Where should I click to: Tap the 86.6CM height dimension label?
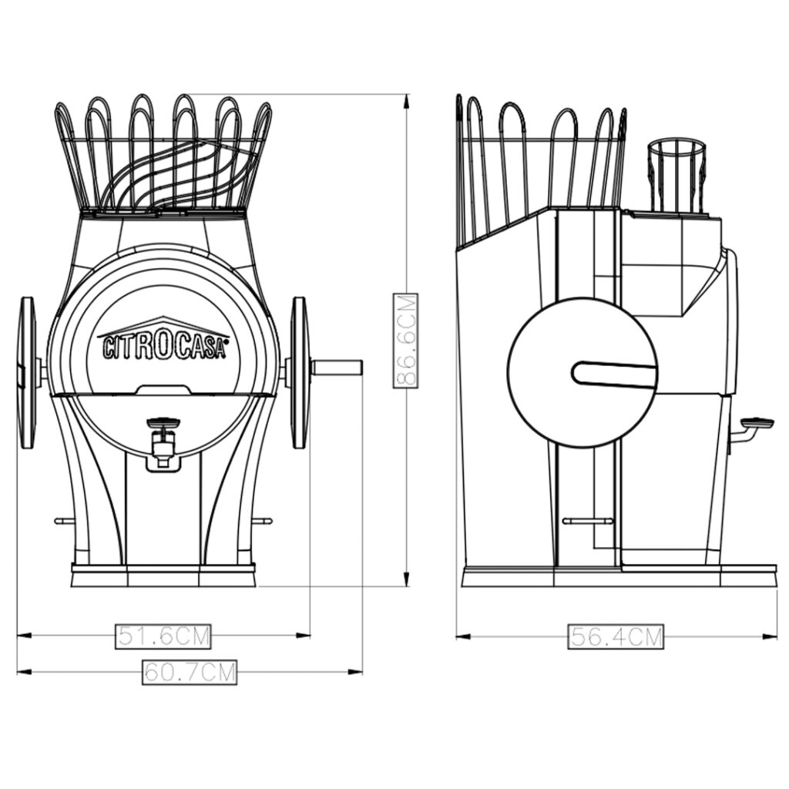click(405, 341)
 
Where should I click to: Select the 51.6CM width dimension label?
click(163, 636)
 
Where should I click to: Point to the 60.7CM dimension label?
click(190, 672)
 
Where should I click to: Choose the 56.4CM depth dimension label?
click(616, 636)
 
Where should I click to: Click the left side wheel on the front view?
click(28, 373)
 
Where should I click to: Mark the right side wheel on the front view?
click(299, 373)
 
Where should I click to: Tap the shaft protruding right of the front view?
click(337, 368)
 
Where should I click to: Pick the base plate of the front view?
click(163, 575)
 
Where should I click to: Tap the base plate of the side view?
click(617, 575)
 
